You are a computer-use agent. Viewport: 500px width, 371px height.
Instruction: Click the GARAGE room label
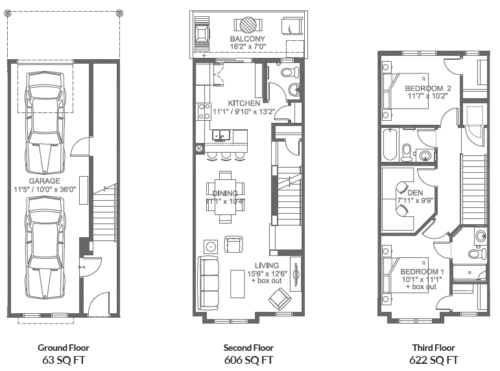tap(44, 181)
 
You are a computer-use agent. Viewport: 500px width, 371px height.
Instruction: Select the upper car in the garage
tap(43, 120)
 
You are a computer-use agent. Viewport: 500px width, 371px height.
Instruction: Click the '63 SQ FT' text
tap(64, 359)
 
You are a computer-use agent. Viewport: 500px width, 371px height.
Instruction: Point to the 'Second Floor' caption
tap(248, 348)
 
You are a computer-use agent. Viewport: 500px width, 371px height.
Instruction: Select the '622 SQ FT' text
tap(434, 359)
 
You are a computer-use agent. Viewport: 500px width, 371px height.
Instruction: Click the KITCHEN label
tap(244, 103)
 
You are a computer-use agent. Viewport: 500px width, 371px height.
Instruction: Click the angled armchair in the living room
tap(281, 298)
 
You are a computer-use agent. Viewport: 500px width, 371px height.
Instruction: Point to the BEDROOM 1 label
tap(422, 272)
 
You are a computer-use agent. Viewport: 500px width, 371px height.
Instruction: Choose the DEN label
tap(414, 192)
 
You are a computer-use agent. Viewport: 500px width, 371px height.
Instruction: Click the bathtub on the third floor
tap(389, 146)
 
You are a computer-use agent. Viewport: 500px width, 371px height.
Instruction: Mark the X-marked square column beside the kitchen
tap(198, 148)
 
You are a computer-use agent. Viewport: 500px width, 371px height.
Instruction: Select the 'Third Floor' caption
tap(434, 348)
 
